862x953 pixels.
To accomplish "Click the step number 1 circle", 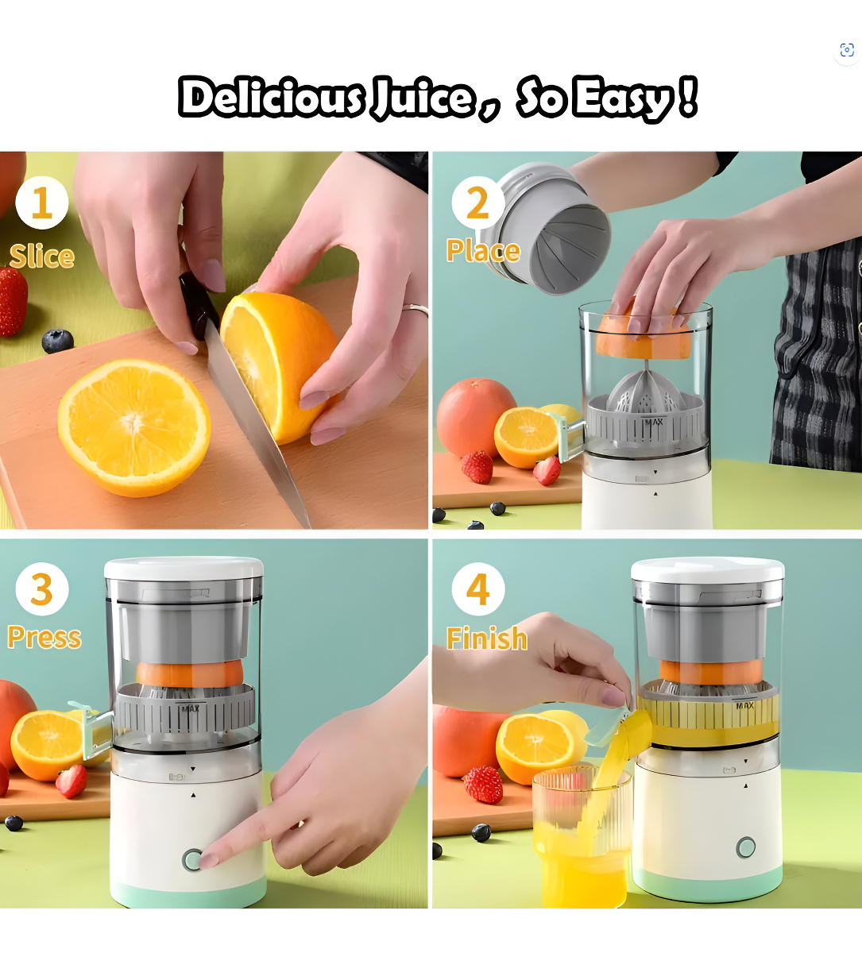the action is [42, 203].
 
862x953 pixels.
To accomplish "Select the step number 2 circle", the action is [477, 203].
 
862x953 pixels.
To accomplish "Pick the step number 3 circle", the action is [42, 589].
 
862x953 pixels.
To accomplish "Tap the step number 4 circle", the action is [477, 589].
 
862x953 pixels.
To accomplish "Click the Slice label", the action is [42, 257].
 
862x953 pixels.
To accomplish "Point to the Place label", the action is [483, 251].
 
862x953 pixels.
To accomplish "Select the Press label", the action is [44, 637].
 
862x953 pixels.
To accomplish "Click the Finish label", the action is [487, 638].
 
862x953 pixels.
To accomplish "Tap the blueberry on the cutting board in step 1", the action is [57, 341].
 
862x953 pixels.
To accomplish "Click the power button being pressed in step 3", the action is [192, 860].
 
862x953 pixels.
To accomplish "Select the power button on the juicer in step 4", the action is [745, 848].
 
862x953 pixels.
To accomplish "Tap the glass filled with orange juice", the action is [581, 837].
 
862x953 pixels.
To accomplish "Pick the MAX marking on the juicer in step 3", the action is [190, 709].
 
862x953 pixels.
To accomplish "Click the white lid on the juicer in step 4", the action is [708, 570].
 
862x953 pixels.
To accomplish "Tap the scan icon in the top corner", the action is [847, 50].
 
